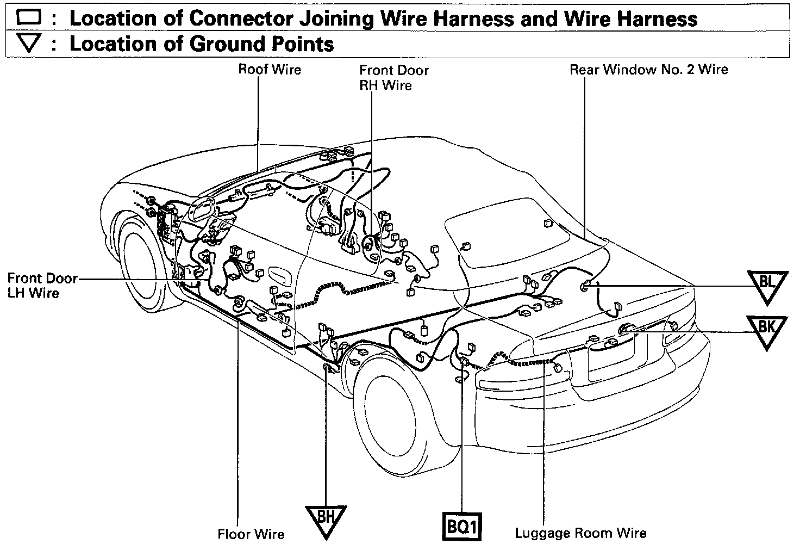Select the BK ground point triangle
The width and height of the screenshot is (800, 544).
[766, 329]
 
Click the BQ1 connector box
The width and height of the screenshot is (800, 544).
[461, 526]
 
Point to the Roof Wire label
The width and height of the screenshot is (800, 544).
[270, 70]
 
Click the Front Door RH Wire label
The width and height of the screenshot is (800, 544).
[393, 78]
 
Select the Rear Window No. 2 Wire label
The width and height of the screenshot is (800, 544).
[648, 70]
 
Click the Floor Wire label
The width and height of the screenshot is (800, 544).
[251, 534]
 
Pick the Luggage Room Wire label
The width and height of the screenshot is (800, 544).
[580, 533]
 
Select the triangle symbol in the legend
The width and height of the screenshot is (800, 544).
[29, 44]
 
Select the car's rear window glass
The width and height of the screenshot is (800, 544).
[508, 234]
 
